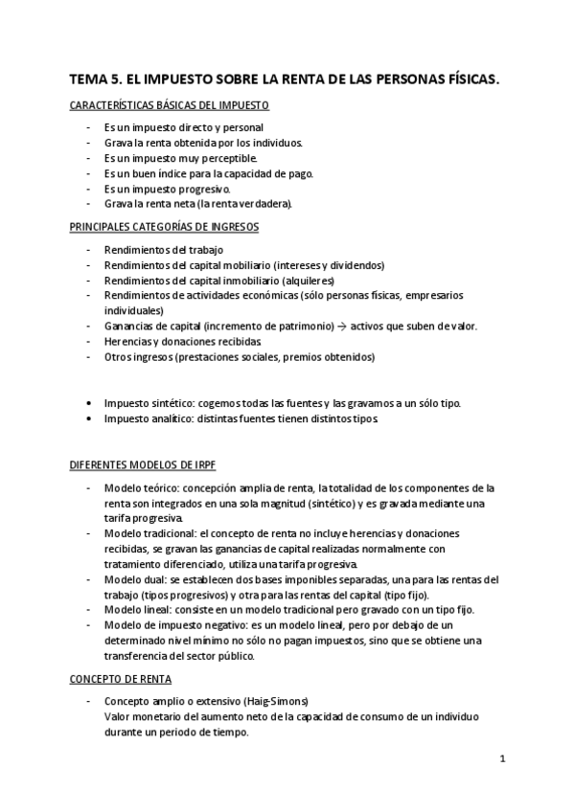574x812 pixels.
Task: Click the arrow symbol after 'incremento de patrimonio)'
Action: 340,326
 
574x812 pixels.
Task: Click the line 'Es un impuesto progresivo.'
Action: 168,189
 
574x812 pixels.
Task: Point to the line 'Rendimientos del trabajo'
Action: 155,249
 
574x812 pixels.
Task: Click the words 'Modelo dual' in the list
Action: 131,580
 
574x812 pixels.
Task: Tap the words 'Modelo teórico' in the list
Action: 139,488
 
